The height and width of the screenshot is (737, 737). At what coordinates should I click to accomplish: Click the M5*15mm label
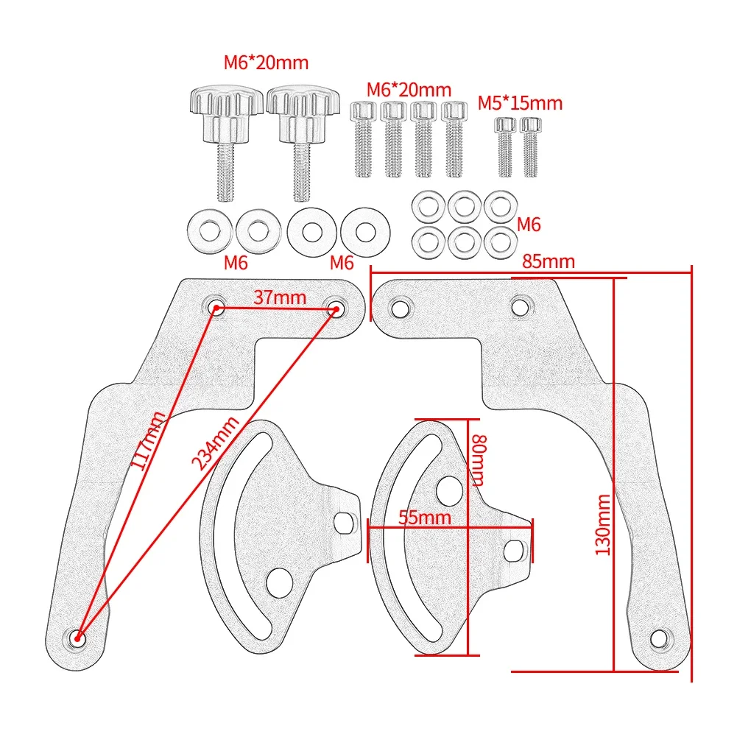(520, 103)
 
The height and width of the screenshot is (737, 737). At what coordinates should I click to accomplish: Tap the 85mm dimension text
(549, 261)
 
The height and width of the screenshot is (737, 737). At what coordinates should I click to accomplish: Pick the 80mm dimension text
(479, 459)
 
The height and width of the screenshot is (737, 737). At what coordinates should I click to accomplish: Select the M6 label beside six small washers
(529, 224)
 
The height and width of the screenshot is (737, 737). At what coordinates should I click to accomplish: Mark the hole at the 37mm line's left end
(216, 307)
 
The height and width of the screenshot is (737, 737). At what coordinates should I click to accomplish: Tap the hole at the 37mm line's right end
(336, 308)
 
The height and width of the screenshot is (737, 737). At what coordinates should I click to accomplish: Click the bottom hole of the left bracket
(77, 637)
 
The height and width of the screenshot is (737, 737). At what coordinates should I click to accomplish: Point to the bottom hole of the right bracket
(660, 637)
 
